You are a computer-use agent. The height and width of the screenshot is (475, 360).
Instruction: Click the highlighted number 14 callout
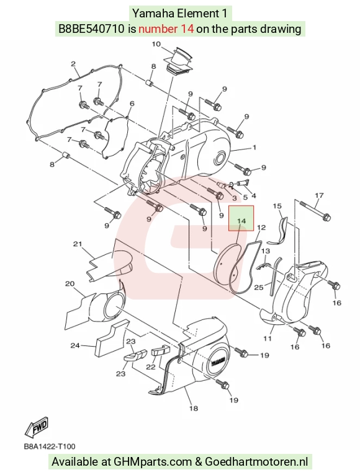pos(241,221)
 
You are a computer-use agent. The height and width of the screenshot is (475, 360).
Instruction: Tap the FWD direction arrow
pos(37,428)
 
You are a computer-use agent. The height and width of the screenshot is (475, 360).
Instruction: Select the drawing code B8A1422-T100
pos(50,446)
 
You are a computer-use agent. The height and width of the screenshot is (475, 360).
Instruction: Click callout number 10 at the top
pos(156,44)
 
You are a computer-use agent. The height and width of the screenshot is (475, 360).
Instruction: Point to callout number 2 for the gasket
pos(73,64)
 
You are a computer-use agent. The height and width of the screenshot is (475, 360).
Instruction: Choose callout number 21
pos(78,244)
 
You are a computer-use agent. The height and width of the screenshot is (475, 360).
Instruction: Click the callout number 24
pos(75,345)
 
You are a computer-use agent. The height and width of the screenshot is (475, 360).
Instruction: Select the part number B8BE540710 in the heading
pos(91,29)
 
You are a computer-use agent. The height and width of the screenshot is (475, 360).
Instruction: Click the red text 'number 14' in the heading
pos(166,29)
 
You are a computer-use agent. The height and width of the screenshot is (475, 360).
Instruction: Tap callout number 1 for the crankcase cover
pos(254,148)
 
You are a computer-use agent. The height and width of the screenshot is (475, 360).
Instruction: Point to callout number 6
pos(132,104)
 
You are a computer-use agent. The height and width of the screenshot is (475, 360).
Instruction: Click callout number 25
pos(259,286)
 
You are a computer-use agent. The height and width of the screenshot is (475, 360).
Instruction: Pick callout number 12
pos(261,228)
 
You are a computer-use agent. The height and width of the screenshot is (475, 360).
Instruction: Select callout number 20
pos(70,284)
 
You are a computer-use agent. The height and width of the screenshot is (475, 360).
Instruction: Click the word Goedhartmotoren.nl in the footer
pos(256,462)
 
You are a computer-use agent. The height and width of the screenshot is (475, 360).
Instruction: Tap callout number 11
pos(267,338)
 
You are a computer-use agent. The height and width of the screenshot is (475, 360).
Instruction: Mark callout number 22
pos(151,367)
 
